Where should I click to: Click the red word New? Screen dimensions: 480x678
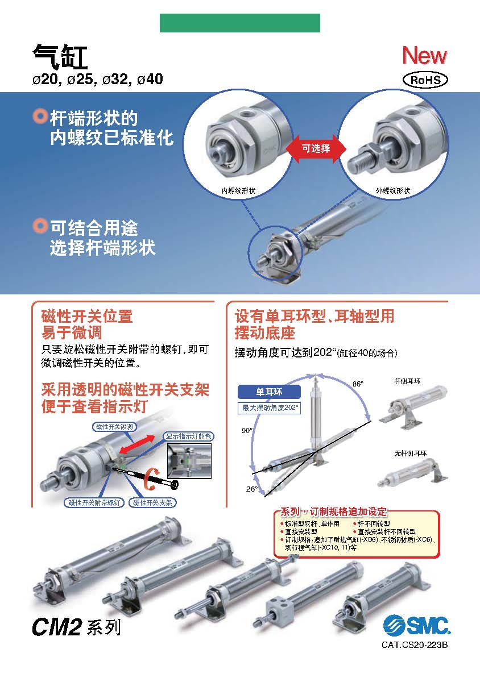[425, 55]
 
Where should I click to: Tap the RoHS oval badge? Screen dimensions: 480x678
[425, 80]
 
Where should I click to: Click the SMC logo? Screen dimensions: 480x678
[416, 626]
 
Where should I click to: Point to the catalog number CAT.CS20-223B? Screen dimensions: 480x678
[414, 644]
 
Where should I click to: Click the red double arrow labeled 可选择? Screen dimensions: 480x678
[316, 149]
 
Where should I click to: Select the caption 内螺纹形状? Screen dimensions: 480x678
[238, 190]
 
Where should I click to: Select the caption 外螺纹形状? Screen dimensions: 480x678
[392, 190]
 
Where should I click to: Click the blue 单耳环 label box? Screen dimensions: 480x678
[269, 392]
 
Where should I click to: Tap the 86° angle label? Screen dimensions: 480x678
[358, 384]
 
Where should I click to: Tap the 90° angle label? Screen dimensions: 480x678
[247, 430]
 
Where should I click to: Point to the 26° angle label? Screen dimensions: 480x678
[251, 489]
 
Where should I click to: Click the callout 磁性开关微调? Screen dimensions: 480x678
[115, 427]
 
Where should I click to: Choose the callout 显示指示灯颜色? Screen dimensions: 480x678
[188, 436]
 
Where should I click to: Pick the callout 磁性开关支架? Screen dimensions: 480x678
[152, 503]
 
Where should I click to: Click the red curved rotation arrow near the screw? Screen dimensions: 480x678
[150, 479]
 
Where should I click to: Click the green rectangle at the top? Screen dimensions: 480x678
[240, 23]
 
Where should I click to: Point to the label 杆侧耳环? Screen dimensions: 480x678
[407, 381]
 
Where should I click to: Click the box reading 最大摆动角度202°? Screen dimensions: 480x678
[269, 407]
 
